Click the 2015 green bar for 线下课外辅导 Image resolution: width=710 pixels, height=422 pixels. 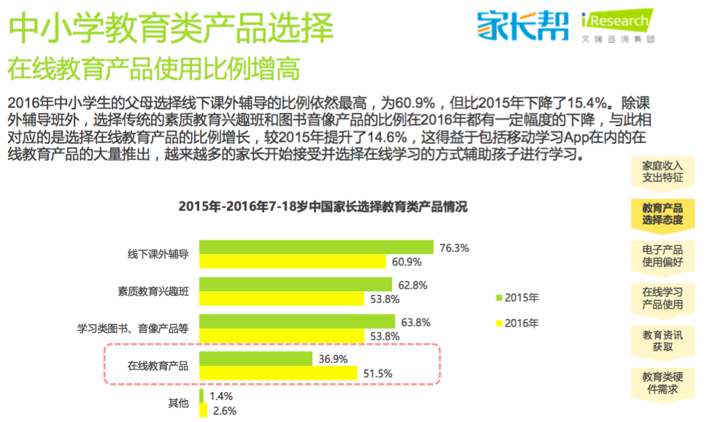[x=316, y=248]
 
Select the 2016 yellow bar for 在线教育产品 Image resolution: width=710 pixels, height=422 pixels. [x=278, y=373]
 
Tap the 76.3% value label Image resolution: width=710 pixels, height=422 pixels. [x=454, y=248]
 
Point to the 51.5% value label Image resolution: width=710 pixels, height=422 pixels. [x=378, y=373]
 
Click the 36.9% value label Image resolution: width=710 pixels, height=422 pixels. [x=333, y=358]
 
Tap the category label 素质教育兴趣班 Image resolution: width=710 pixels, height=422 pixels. [x=153, y=291]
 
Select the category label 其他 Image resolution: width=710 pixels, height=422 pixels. [x=178, y=402]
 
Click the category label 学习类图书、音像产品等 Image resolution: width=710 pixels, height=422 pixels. [x=133, y=329]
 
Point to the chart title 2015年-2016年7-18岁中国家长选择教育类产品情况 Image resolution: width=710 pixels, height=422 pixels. [x=323, y=207]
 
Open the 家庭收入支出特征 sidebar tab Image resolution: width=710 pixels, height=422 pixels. [x=663, y=172]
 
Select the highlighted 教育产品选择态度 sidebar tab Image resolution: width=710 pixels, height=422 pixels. [x=663, y=213]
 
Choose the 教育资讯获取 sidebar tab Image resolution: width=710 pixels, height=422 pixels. [x=663, y=340]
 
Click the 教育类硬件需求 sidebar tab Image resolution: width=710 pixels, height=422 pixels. [x=663, y=383]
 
